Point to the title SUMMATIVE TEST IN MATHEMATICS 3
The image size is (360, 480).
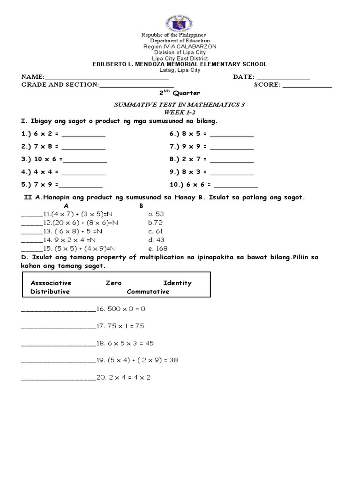click(x=180, y=105)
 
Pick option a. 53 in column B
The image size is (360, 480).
click(x=156, y=214)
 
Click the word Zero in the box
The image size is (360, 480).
click(x=113, y=283)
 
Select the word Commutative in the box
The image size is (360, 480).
click(x=148, y=291)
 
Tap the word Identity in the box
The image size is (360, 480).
click(x=177, y=283)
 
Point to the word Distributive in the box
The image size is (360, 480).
click(x=50, y=291)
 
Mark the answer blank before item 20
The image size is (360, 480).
click(x=58, y=379)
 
